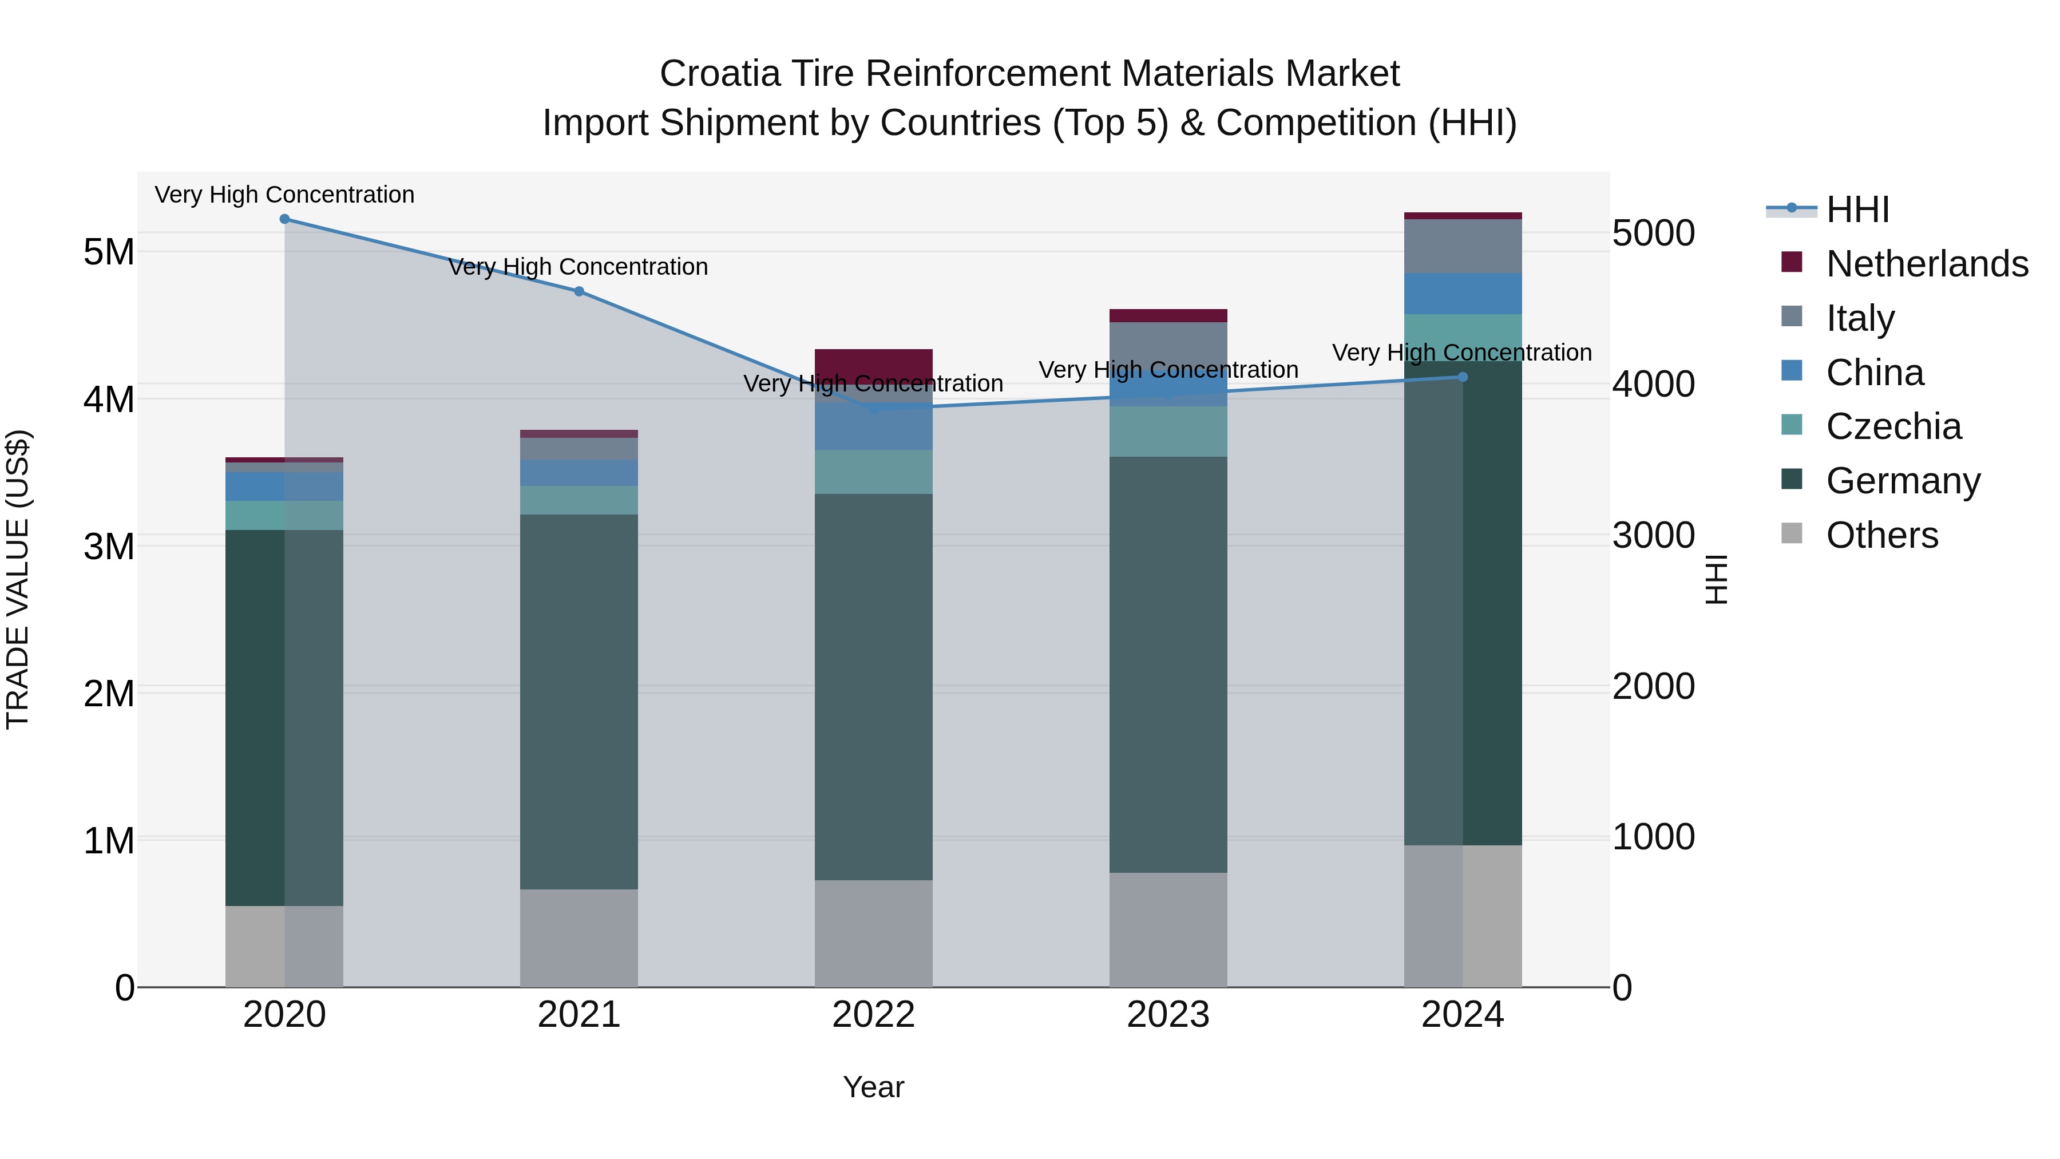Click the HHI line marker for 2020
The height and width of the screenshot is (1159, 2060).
click(x=285, y=219)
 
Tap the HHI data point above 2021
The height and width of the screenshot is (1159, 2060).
click(x=579, y=291)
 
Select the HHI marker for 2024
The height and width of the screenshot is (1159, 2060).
click(x=1463, y=377)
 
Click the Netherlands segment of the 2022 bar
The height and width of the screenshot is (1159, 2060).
click(x=873, y=364)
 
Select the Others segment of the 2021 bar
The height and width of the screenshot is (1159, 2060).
click(x=579, y=938)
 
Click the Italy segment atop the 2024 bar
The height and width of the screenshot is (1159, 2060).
click(x=1463, y=246)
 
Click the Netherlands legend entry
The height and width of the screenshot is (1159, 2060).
click(x=1927, y=264)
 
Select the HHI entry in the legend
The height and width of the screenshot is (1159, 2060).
click(x=1857, y=209)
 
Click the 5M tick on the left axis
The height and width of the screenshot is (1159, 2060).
click(x=109, y=252)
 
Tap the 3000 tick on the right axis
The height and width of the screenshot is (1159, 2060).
click(x=1653, y=535)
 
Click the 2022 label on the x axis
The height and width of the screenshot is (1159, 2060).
click(x=873, y=1015)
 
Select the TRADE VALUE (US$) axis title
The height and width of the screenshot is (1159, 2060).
click(x=18, y=579)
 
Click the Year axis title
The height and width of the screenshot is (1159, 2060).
click(x=873, y=1087)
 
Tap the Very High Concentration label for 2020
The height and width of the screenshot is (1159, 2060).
click(x=285, y=195)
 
